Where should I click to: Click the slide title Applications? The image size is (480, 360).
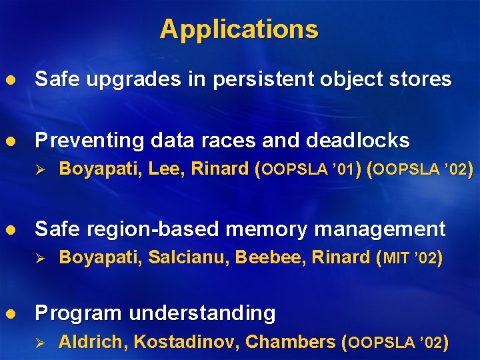click(239, 29)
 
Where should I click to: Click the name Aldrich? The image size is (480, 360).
click(93, 343)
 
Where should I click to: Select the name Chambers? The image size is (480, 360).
click(290, 343)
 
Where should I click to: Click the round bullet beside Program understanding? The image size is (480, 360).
click(10, 313)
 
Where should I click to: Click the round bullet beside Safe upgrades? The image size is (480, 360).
click(10, 80)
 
